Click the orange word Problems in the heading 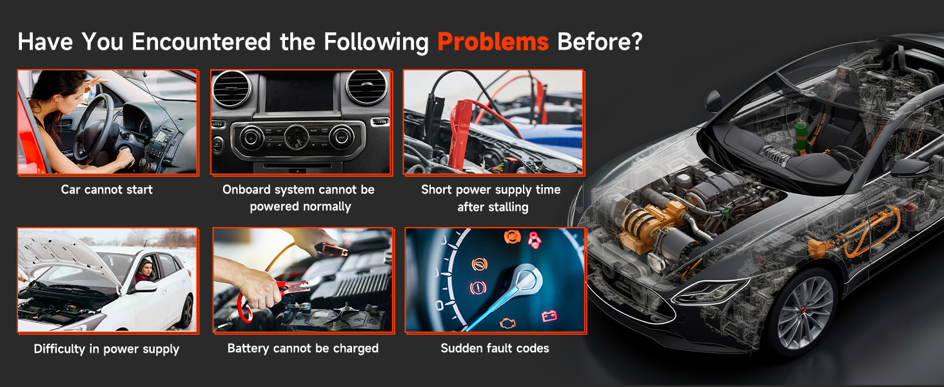point(493,42)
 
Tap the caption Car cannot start point(106,190)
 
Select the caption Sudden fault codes point(495,348)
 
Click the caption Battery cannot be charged point(303,348)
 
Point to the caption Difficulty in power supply point(106,349)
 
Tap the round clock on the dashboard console point(296,137)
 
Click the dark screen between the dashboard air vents point(300,92)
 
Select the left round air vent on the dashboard point(231,89)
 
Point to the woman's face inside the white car point(146,270)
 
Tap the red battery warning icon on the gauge point(549,316)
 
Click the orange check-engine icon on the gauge point(508,323)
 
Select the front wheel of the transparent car point(802,312)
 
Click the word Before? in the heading point(600,42)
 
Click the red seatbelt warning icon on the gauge point(535,239)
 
